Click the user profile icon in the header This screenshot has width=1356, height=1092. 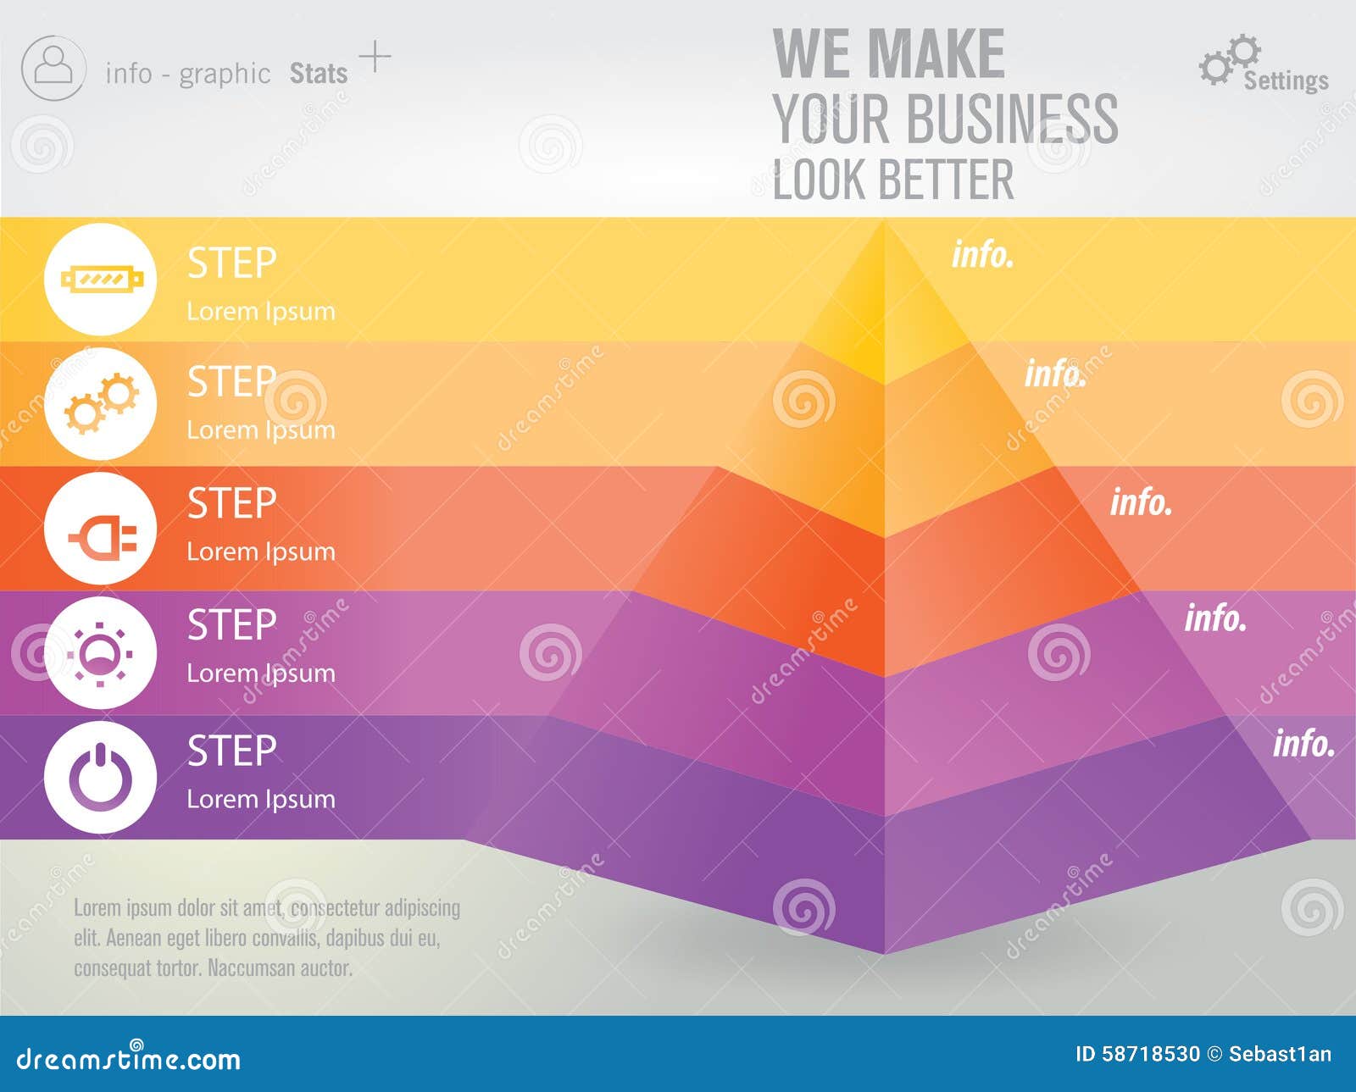point(53,68)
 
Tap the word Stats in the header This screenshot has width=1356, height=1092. point(319,74)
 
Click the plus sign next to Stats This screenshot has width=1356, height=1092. point(375,57)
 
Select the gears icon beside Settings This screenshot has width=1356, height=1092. point(1228,58)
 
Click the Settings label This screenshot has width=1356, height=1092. point(1286,80)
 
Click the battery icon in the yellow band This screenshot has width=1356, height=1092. point(101,279)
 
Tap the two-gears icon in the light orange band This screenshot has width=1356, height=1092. point(101,404)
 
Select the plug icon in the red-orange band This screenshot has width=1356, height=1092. point(101,528)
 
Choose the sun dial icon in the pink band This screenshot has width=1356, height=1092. point(101,653)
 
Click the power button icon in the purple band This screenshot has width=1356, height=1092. point(101,777)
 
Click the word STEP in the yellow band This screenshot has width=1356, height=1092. point(231,263)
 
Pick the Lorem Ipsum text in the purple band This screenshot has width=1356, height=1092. point(261,799)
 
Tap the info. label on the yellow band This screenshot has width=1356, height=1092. point(982,254)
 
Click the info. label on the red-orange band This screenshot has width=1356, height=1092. point(1141,502)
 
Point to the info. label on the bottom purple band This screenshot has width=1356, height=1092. point(1303,744)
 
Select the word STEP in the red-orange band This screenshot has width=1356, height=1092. point(231,504)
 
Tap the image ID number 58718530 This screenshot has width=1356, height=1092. point(1150,1054)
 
